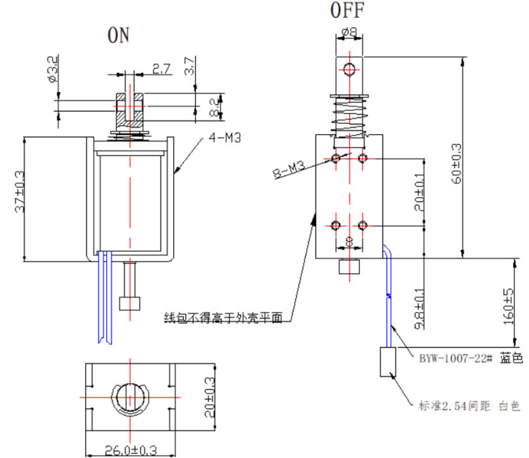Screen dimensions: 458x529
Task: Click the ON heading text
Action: click(119, 35)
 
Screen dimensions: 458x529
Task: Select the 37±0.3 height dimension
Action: click(18, 199)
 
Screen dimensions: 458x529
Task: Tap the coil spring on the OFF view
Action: click(350, 117)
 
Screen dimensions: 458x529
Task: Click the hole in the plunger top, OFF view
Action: click(350, 70)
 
